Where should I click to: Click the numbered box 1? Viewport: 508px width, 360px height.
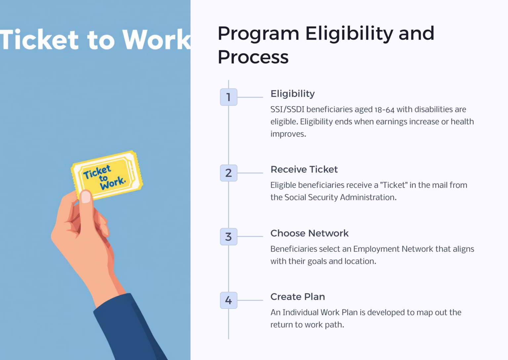click(x=229, y=97)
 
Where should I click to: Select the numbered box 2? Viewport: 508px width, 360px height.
click(x=229, y=173)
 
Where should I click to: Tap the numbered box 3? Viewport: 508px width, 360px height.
click(x=229, y=237)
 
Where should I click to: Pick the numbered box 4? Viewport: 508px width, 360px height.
click(x=229, y=300)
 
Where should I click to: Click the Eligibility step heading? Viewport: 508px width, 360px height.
click(x=292, y=94)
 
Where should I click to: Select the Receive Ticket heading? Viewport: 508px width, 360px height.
click(x=304, y=170)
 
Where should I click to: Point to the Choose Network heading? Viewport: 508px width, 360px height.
click(x=309, y=233)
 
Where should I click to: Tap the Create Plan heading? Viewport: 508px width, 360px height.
click(x=297, y=297)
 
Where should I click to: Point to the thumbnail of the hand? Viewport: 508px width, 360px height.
click(x=86, y=197)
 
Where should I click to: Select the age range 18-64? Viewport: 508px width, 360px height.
click(x=384, y=110)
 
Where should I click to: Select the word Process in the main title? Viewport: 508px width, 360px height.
click(x=253, y=57)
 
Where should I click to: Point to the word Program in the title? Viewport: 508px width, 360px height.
click(x=258, y=33)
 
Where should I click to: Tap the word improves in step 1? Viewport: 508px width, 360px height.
click(x=287, y=134)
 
